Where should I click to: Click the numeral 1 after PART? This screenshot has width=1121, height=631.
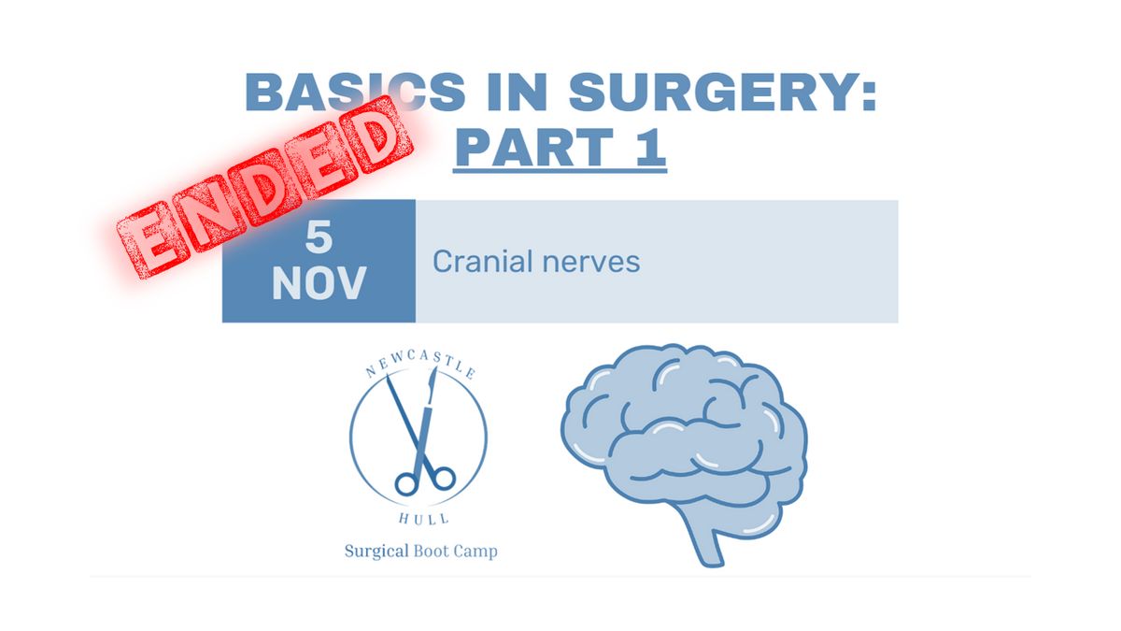coord(651,147)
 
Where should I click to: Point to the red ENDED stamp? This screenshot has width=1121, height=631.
coord(264,187)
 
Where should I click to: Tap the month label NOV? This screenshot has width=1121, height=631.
coord(319,283)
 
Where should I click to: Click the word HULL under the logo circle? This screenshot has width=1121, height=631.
coord(423,518)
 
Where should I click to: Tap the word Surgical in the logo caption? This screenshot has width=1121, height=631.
coord(376,552)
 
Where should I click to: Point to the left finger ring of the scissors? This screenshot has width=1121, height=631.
coord(405,483)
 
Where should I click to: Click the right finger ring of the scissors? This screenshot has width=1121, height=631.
coord(443,478)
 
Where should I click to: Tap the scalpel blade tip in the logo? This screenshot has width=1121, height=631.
coord(436,368)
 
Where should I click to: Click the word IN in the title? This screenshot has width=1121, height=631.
coord(517,93)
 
